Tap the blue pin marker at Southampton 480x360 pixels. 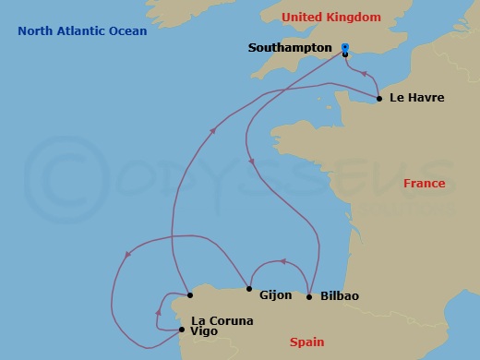click(345, 47)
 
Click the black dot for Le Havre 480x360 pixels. click(380, 97)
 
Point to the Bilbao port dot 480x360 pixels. click(308, 296)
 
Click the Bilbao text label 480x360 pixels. click(340, 296)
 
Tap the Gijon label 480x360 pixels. click(277, 296)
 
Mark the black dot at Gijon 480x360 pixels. click(249, 289)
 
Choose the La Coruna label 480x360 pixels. click(221, 321)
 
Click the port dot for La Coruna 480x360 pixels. click(189, 296)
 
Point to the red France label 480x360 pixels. click(425, 184)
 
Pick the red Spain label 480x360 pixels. click(306, 342)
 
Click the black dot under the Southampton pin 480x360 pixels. click(345, 54)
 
